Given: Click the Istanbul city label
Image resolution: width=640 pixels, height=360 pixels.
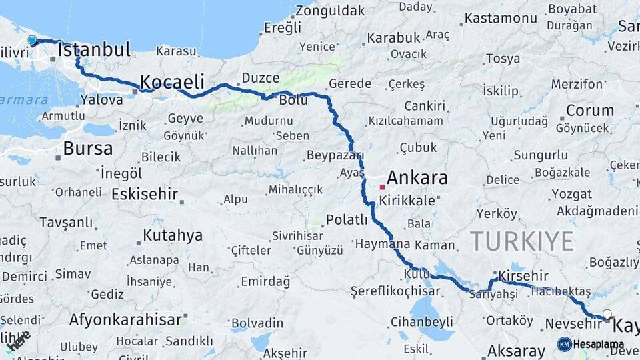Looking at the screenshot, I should click(94, 49).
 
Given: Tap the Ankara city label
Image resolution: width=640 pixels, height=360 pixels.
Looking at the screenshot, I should click(417, 177).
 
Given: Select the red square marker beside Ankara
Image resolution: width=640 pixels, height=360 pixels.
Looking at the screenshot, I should click(382, 187).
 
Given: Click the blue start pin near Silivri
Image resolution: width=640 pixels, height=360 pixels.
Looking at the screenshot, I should click(32, 40).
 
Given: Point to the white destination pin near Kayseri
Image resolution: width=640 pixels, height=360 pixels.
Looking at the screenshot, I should click(607, 314).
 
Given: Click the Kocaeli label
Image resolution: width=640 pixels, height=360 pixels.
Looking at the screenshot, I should click(171, 82).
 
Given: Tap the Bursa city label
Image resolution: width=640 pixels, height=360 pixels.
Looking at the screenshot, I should click(87, 147).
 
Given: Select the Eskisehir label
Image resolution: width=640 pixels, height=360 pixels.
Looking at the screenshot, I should click(145, 194).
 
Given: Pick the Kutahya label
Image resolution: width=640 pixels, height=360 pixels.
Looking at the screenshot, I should click(173, 235).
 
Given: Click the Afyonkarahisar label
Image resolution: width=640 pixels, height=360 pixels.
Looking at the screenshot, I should click(125, 319).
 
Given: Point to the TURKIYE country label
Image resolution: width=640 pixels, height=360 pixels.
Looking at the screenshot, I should click(521, 240).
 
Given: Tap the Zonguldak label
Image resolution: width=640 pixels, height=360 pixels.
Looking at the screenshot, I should click(330, 11).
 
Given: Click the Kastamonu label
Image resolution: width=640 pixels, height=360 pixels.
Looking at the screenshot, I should click(501, 18).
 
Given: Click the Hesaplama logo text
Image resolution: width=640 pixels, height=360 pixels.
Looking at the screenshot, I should click(599, 345).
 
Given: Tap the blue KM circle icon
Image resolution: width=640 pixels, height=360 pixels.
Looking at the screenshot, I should click(564, 345).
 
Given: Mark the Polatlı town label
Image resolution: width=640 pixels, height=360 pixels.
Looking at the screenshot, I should click(347, 219).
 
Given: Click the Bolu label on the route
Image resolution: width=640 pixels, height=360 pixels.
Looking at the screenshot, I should click(293, 99).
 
